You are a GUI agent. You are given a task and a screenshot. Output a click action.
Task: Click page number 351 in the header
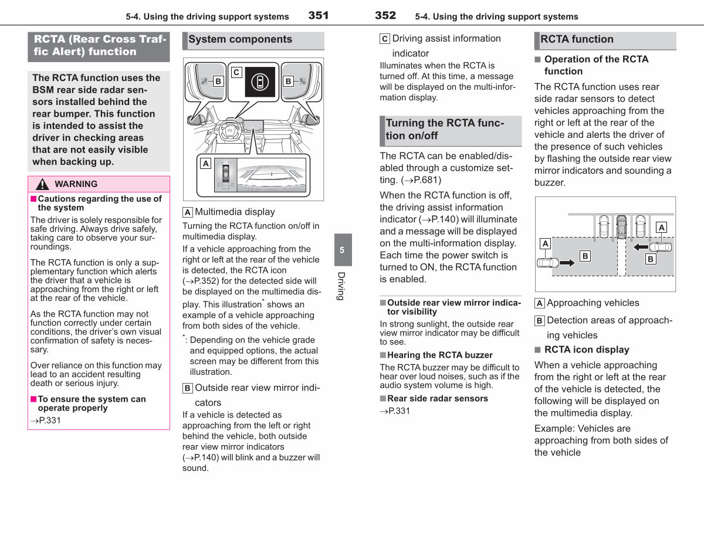pos(318,15)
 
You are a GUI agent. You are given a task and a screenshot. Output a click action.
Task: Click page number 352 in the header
pos(385,15)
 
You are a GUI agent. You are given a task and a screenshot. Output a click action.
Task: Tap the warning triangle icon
pos(42,184)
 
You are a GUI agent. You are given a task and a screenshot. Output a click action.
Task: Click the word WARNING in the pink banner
pos(76,184)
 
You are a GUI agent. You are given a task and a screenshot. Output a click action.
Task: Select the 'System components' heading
pos(240,39)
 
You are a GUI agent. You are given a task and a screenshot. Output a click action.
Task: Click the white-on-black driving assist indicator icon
pos(260,82)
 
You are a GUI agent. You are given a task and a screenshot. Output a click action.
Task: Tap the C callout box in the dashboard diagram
pos(236,72)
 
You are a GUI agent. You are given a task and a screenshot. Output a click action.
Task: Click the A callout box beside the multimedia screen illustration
pos(206,164)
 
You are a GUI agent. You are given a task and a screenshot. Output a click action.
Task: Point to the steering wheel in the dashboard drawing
pos(230,130)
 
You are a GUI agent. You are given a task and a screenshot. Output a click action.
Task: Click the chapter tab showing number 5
pos(343,250)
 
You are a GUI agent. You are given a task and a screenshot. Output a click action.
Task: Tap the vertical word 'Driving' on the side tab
pos(341,286)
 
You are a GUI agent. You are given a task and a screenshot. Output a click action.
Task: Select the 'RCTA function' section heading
pos(577,39)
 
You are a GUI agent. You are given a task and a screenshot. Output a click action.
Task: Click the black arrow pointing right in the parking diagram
pos(567,263)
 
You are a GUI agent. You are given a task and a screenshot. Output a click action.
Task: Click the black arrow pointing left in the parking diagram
pos(641,248)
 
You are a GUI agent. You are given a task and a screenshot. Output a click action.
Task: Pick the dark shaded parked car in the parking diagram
pos(621,227)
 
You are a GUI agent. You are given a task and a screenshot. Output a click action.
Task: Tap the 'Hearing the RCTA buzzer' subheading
pos(439,355)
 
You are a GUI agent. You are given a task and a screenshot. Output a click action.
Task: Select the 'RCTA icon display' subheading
pos(587,350)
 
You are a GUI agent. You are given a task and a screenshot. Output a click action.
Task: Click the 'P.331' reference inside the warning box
pos(45,421)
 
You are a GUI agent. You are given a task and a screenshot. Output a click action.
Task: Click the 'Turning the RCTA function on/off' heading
pos(445,129)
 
